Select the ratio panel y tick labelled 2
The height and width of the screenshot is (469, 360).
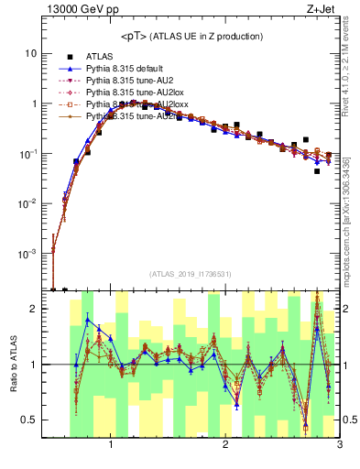(x=32, y=309)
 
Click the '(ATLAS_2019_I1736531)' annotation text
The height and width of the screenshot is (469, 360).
(x=191, y=274)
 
